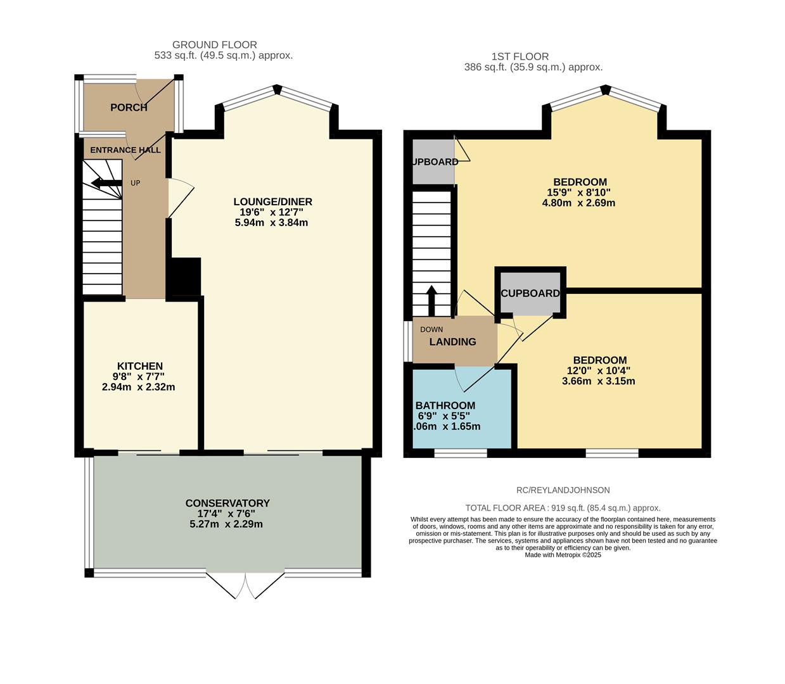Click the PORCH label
point(129,108)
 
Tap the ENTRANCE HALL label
point(125,150)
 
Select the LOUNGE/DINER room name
point(272,202)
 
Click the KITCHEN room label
point(140,366)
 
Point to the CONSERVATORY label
point(227,503)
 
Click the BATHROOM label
point(445,405)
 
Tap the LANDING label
point(452,342)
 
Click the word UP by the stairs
point(135,183)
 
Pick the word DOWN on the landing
point(431,329)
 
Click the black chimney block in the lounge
point(184,277)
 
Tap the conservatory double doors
point(245,586)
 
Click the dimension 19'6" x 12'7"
point(272,213)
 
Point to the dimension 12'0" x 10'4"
point(598,370)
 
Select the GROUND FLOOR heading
point(214,45)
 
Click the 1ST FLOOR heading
point(520,56)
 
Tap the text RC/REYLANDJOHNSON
point(563,490)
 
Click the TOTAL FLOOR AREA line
point(563,508)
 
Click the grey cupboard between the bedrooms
point(530,294)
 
